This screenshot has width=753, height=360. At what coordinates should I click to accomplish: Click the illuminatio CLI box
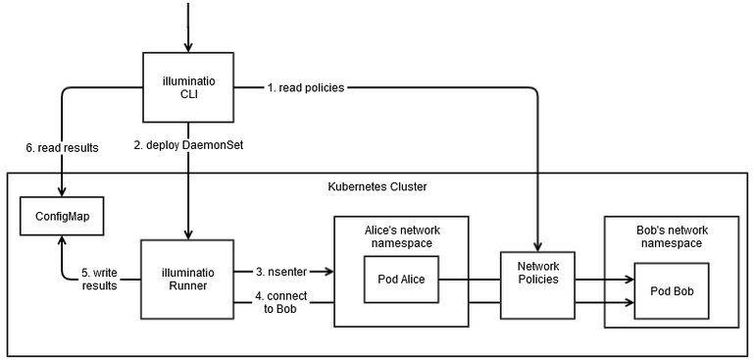(186, 89)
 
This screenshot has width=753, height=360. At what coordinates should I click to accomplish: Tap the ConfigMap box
(62, 213)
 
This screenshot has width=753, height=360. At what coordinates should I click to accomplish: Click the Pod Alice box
(400, 279)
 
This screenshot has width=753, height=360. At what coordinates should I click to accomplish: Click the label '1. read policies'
(306, 88)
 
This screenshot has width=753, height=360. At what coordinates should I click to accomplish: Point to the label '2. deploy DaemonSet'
(188, 146)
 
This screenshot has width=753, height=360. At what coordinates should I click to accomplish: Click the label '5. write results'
(98, 280)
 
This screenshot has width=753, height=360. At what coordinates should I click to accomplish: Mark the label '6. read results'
(62, 147)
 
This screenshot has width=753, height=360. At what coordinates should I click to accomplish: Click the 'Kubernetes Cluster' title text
(376, 185)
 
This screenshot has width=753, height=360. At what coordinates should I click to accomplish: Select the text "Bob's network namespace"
(672, 235)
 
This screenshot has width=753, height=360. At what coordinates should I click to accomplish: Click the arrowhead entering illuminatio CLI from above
(186, 48)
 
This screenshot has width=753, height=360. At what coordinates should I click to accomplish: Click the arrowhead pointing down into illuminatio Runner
(186, 231)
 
